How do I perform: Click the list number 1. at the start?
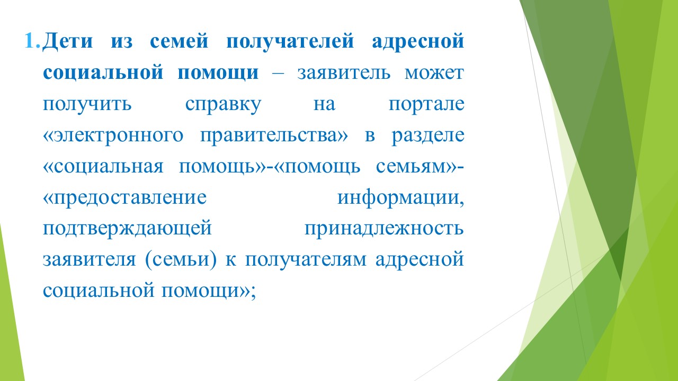click(32, 41)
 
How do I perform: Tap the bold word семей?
click(179, 41)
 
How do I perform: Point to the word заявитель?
click(344, 73)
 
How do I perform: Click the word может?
click(434, 73)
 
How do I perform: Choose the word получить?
click(87, 105)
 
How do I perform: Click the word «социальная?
click(103, 167)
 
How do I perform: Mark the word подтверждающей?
click(127, 230)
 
